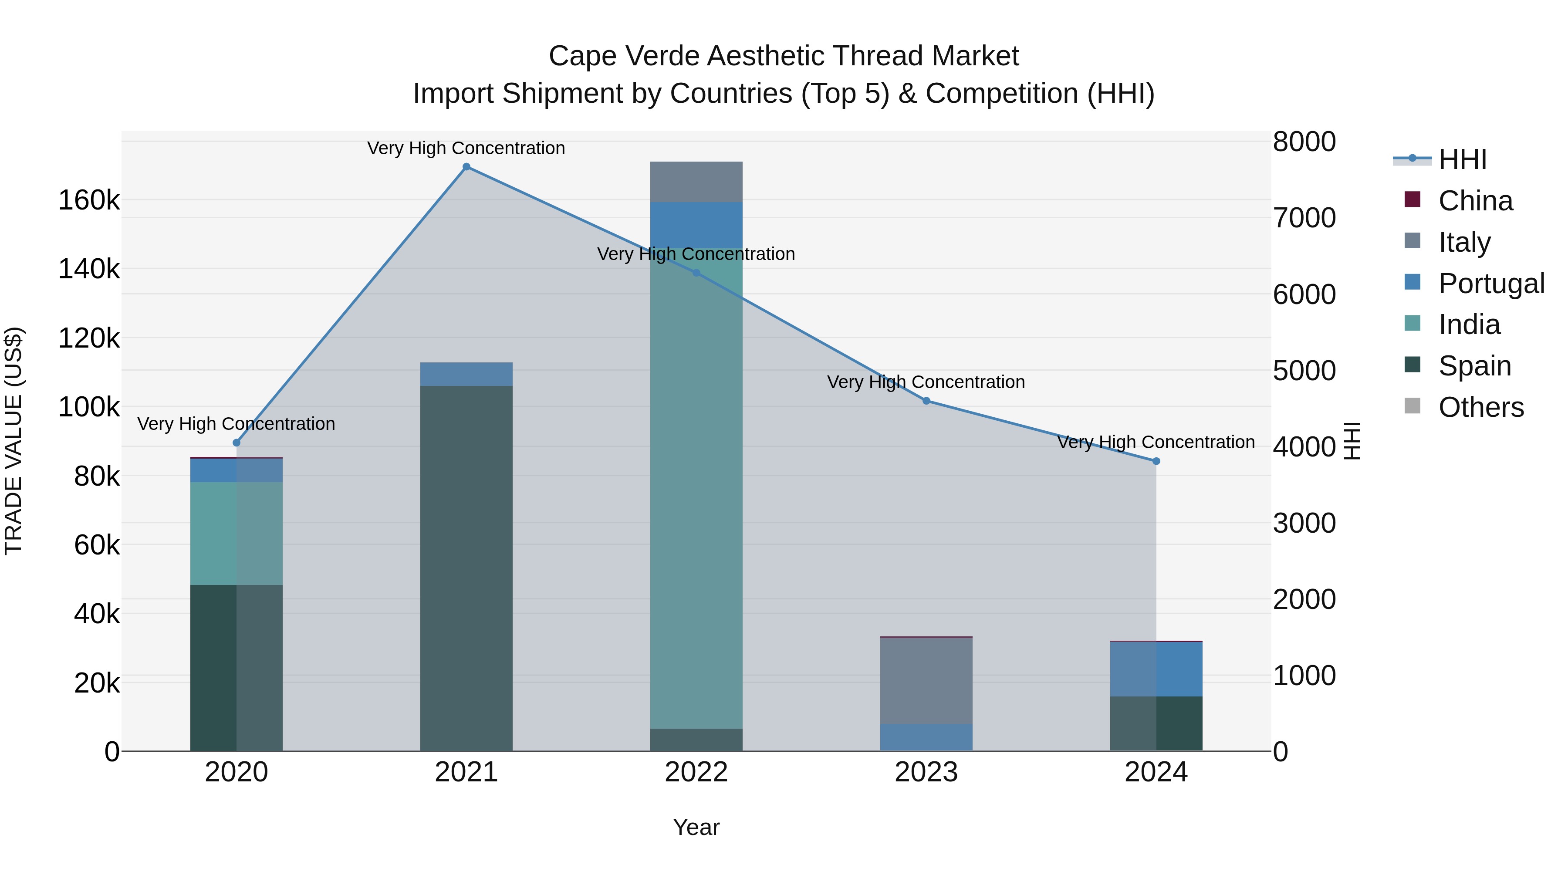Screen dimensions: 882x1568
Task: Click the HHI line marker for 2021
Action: [x=466, y=167]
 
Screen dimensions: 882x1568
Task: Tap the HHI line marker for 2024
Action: [x=1156, y=461]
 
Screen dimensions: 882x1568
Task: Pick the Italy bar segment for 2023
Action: [x=926, y=680]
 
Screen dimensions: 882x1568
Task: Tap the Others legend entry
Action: [x=1480, y=407]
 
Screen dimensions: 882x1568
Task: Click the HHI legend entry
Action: [x=1462, y=159]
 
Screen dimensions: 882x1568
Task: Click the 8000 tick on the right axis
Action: [x=1304, y=142]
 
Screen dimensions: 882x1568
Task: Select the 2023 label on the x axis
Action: [x=926, y=772]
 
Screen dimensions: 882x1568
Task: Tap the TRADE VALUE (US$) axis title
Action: [x=14, y=441]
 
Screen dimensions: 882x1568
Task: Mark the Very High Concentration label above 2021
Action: [x=466, y=148]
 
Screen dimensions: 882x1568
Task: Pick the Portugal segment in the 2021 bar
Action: [x=466, y=374]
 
